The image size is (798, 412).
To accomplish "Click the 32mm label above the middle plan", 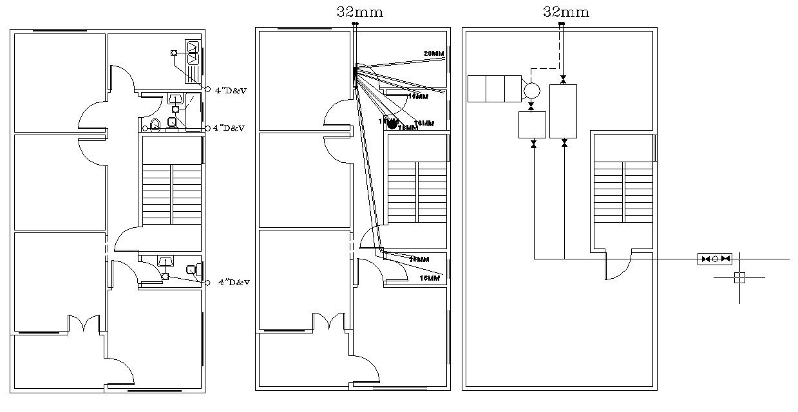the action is pos(359,12).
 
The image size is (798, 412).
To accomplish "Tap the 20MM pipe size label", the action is pos(434,53).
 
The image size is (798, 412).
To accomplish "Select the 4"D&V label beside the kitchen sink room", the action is pos(231,91).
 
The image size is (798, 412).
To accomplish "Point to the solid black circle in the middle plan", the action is pos(392,124).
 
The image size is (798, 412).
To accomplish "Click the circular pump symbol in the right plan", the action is pos(531,90).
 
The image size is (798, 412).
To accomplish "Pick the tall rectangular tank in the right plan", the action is pos(563,111).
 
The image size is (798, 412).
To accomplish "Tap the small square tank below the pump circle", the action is pos(532,124).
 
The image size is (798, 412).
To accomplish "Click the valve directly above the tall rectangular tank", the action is pos(564,80).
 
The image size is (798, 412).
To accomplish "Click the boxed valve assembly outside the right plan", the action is pos(715,259).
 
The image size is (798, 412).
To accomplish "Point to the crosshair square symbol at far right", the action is pos(739,277).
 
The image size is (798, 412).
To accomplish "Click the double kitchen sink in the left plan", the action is pos(193,52).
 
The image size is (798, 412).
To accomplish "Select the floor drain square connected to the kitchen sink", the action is pos(173,53).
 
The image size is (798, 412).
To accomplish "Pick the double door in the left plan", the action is pos(84,323).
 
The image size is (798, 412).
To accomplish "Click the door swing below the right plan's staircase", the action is pos(617,267).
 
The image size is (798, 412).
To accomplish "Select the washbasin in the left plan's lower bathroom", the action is pos(166,262).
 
